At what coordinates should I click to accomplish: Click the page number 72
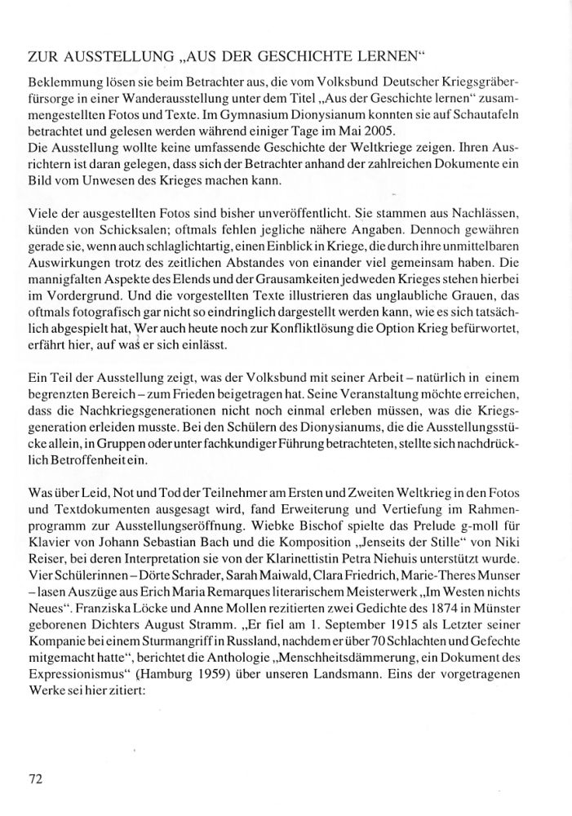(x=35, y=779)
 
